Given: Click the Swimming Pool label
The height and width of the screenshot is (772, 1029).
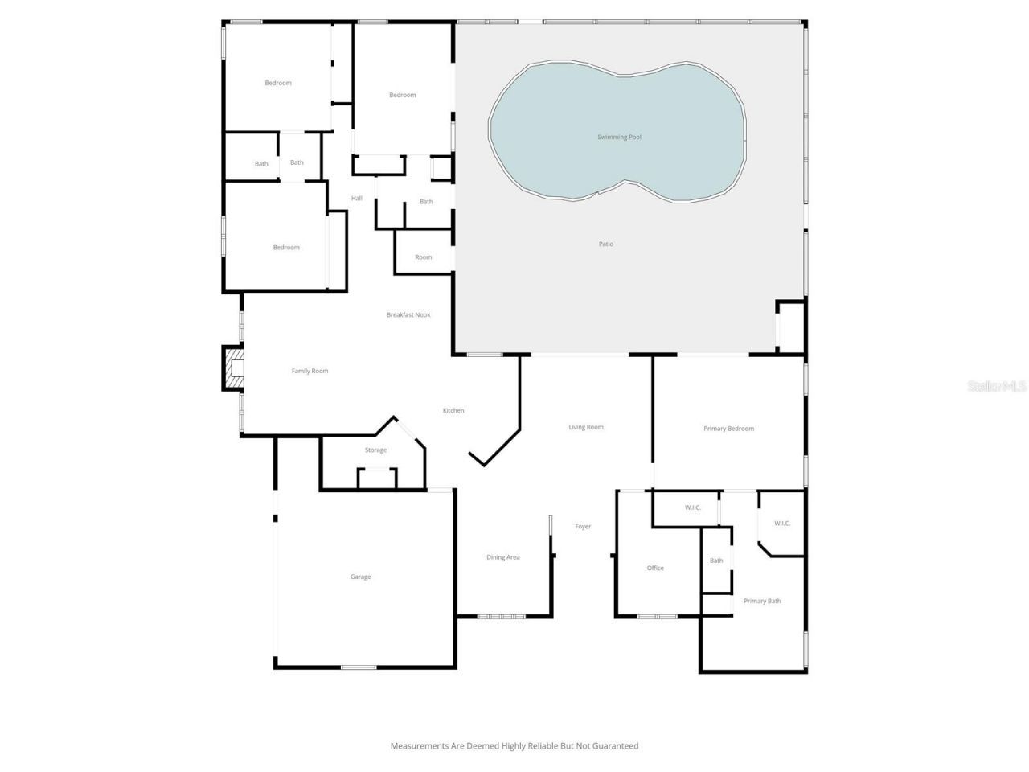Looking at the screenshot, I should tap(619, 138).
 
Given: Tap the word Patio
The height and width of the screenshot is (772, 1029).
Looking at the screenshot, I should tap(605, 244).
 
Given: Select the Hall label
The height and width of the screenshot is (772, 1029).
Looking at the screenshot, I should tap(356, 199).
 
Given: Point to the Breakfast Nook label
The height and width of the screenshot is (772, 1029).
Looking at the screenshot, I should tap(408, 315).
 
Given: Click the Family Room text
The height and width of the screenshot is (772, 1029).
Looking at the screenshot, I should tap(310, 372).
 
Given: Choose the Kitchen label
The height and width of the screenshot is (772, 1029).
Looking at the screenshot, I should tap(453, 411).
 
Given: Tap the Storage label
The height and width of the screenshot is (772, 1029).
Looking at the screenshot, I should tap(375, 450).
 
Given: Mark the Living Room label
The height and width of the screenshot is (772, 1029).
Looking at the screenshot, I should tap(586, 427).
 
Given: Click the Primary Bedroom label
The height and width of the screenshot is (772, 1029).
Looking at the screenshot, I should tap(728, 429).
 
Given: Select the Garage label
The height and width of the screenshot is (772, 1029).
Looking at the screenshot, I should tap(360, 577).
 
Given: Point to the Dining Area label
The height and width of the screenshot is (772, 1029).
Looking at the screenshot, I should tap(502, 557).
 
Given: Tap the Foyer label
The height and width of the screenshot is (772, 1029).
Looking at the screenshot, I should tap(583, 527).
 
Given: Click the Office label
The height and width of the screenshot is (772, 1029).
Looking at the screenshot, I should tap(655, 569).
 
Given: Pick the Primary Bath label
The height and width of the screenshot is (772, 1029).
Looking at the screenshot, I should tap(761, 602).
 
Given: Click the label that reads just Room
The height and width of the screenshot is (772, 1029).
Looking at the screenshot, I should tap(423, 257).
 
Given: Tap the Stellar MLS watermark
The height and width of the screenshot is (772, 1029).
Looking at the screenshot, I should tap(997, 387).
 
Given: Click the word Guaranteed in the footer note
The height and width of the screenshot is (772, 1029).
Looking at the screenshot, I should tap(613, 746).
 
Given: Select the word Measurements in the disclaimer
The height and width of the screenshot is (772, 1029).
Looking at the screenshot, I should tap(420, 746).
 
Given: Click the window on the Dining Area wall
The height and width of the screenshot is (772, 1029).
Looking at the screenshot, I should tap(501, 617).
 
